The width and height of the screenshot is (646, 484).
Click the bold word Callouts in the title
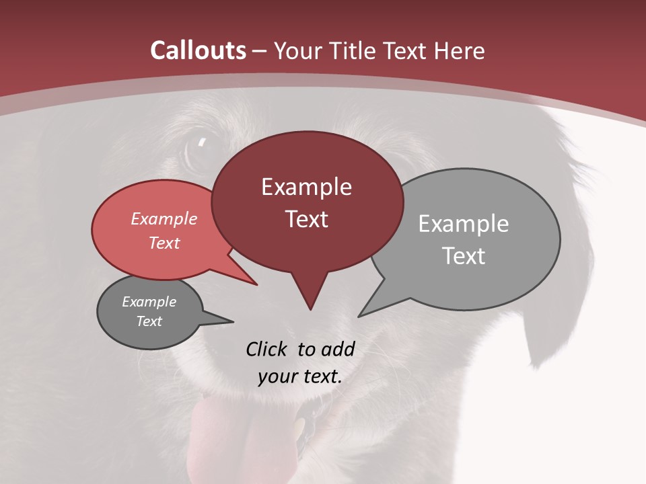[199, 50]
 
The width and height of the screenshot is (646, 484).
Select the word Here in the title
[460, 50]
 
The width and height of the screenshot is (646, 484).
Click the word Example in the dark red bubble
[306, 187]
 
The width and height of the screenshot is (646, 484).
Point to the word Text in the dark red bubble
[306, 219]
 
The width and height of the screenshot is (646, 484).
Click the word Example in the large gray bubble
[463, 224]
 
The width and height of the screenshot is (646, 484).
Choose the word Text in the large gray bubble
[464, 256]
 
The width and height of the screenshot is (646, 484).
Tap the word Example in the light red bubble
[164, 218]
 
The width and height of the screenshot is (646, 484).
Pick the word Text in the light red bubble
[164, 243]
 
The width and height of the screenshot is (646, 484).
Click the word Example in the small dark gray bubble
[149, 302]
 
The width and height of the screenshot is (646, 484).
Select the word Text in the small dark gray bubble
[149, 321]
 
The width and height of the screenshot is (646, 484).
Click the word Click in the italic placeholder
[268, 349]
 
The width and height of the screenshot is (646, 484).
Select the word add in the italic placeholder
[337, 349]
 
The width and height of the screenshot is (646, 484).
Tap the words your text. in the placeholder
[299, 376]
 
